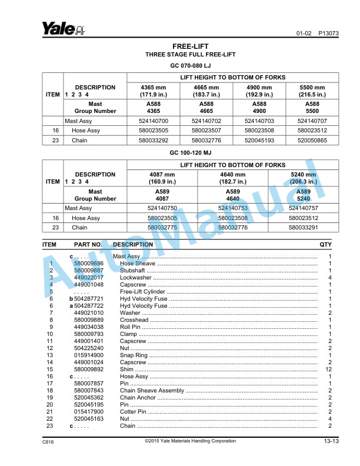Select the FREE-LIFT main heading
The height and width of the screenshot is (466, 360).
pos(190,46)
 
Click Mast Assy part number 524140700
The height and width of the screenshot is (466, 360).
pos(153,121)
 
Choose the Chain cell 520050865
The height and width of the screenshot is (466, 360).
pos(312,141)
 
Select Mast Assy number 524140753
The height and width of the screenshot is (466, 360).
pos(232,208)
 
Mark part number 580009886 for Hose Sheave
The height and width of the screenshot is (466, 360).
pos(89,264)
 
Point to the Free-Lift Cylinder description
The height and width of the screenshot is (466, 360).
pos(144,292)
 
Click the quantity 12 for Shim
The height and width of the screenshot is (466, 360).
pos(329,370)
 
